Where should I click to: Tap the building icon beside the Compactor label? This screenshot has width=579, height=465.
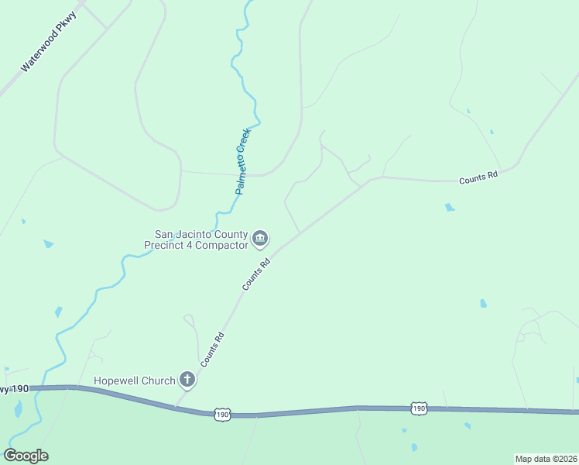click(261, 239)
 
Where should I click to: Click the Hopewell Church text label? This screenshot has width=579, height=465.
click(135, 381)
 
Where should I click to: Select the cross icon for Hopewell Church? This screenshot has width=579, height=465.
click(187, 380)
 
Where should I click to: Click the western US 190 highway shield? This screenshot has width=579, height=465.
click(222, 415)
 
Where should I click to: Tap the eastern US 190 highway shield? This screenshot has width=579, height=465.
click(418, 408)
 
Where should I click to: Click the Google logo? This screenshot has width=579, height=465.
click(26, 456)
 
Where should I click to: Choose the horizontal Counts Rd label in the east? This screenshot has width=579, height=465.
click(478, 177)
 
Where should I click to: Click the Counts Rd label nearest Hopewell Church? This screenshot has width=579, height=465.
click(212, 350)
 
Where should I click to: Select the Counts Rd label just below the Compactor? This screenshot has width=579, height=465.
click(256, 274)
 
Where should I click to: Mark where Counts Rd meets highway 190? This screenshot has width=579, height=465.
click(177, 405)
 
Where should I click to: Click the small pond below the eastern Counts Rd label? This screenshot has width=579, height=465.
click(449, 208)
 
